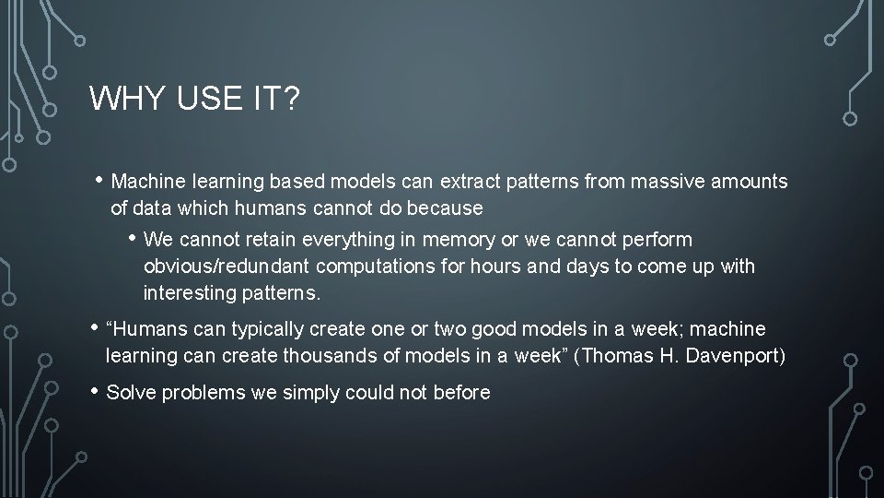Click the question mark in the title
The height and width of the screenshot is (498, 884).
[292, 98]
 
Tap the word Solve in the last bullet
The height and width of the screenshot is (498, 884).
[132, 393]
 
